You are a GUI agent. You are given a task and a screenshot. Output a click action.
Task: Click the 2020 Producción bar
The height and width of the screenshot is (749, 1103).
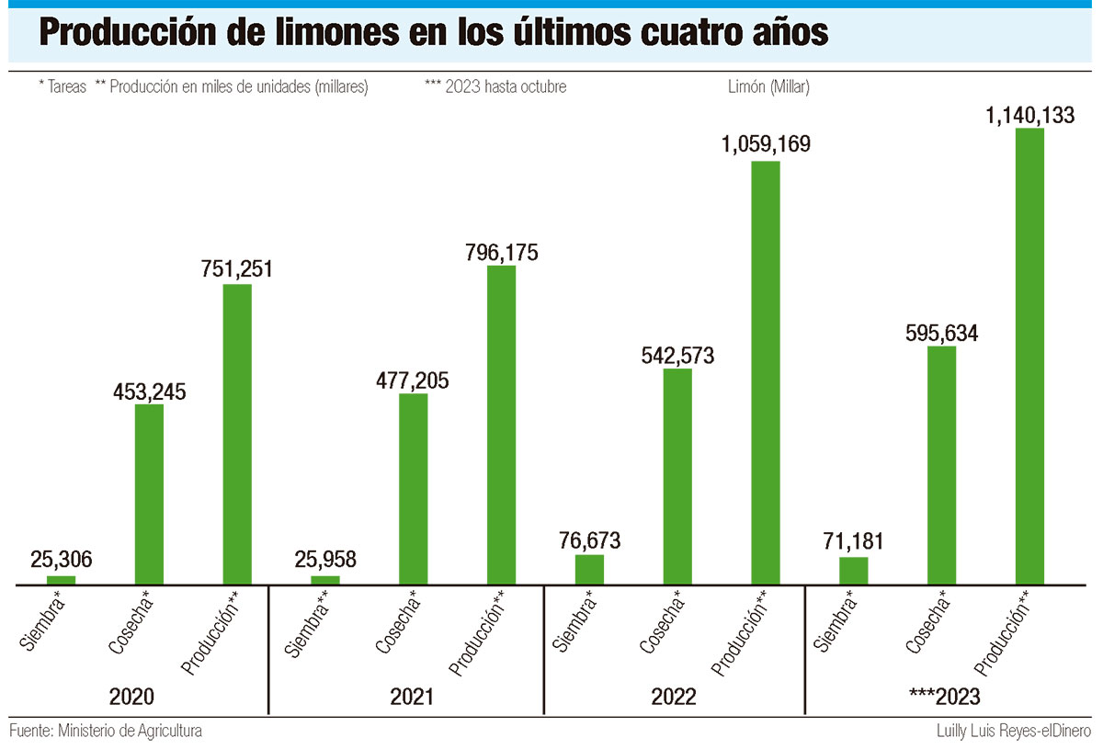pos(237,434)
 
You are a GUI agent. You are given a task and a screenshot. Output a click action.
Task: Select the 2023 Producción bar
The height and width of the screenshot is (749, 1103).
pos(1029,357)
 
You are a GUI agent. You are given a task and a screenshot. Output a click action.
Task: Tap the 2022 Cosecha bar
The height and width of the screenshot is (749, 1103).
pos(677,476)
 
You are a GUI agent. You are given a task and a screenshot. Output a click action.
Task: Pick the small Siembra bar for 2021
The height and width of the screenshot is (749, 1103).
pos(325,580)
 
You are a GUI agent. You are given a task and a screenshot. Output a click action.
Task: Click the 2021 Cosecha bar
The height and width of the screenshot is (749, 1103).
pos(414,488)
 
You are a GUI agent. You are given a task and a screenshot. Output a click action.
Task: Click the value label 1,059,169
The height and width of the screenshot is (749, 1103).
pos(765,145)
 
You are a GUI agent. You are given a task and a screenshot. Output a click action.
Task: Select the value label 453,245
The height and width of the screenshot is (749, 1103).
pos(149,392)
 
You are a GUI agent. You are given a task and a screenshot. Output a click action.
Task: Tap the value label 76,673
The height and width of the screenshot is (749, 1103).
pos(589,541)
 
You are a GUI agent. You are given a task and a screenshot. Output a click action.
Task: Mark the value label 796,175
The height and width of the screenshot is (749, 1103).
pos(501,252)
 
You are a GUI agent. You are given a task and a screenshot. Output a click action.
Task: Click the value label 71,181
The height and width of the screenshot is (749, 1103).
pos(854,544)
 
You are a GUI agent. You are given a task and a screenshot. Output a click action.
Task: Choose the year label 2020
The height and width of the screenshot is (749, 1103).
pos(132,697)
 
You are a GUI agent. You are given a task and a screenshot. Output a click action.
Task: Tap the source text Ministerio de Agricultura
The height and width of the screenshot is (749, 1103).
pos(130,732)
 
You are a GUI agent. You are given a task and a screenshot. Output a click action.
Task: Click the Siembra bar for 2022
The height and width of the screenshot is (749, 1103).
pos(589,569)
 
